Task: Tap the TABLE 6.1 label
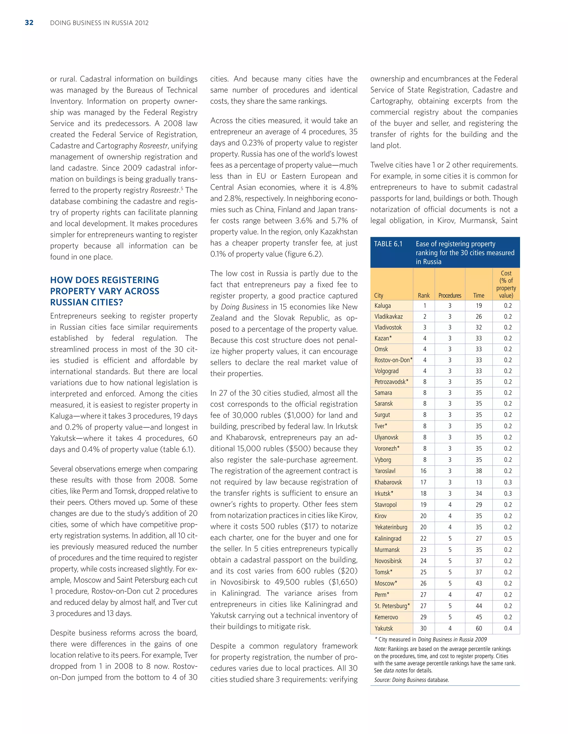[388, 244]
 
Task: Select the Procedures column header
[450, 296]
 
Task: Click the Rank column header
[424, 296]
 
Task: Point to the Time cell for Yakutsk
[478, 628]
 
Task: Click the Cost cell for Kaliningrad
[508, 538]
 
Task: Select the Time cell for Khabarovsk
[478, 482]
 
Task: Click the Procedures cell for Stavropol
[450, 504]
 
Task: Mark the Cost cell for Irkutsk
[508, 493]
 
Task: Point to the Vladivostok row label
[388, 327]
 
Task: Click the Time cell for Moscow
[478, 583]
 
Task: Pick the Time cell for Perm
[478, 594]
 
